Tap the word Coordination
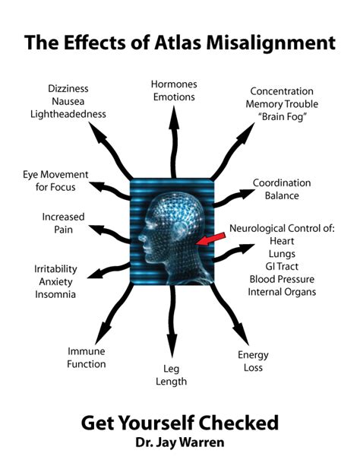click(x=281, y=182)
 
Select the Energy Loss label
click(x=253, y=360)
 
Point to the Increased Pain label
click(x=62, y=223)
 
